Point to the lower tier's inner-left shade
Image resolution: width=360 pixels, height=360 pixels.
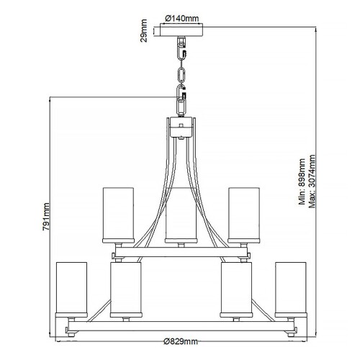point(124,289)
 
